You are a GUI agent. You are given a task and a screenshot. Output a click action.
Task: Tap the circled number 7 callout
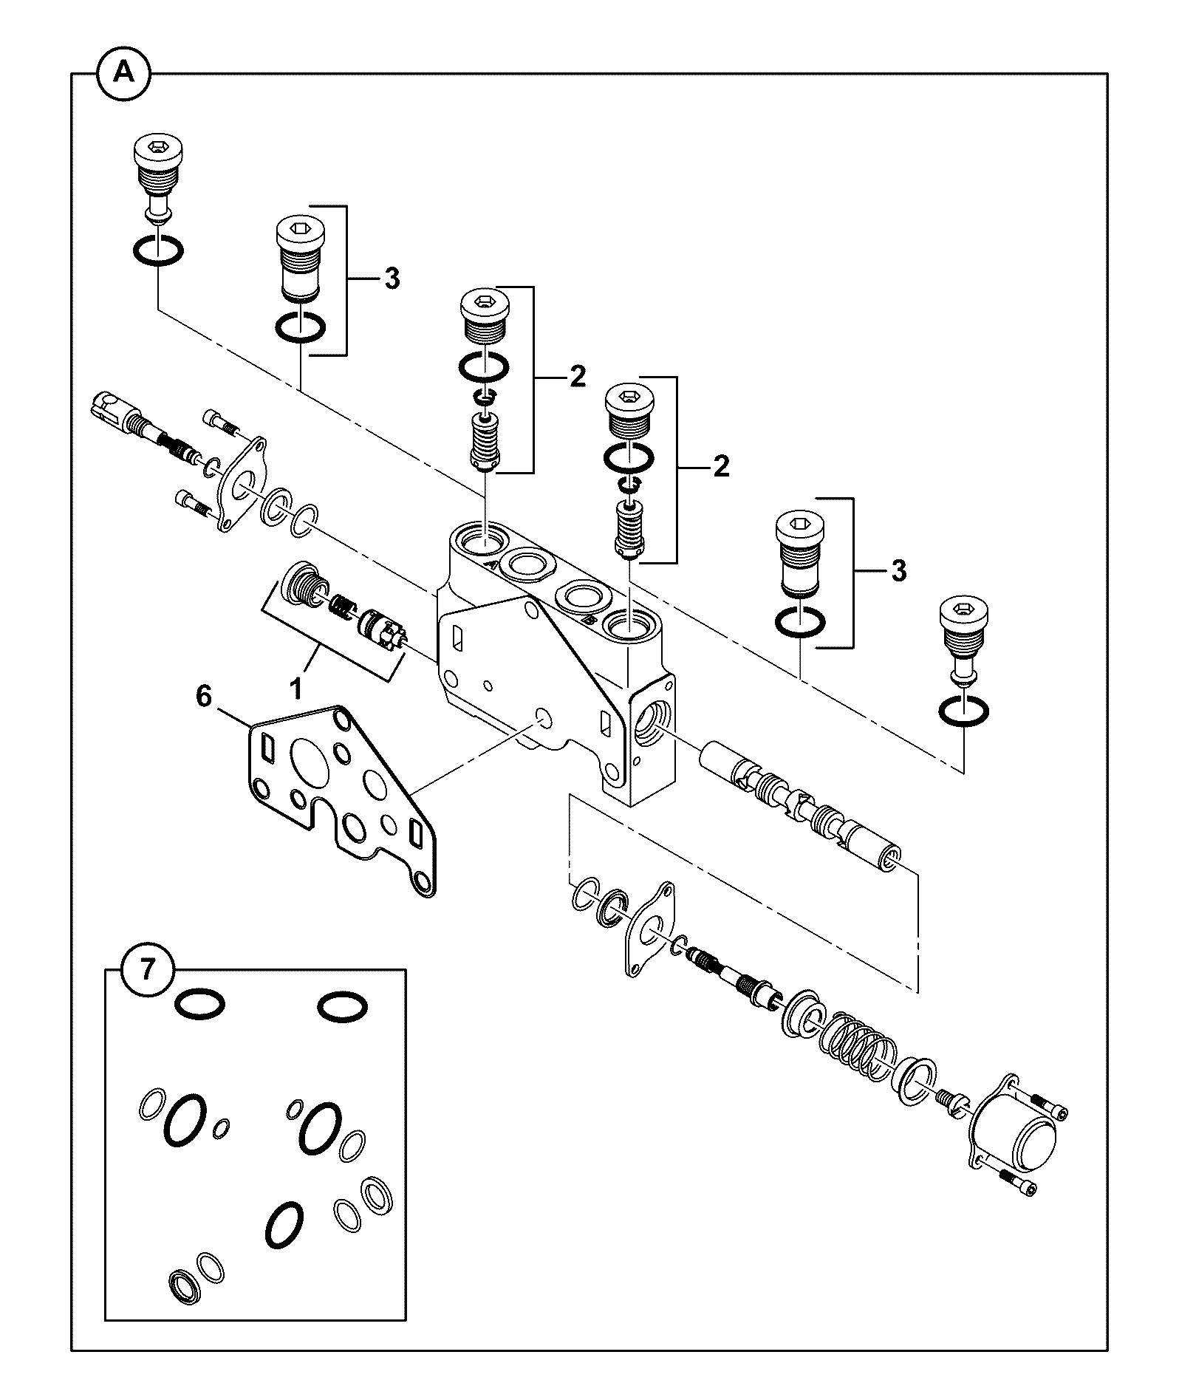[x=148, y=969]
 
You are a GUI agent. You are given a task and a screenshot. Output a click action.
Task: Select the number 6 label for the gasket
[x=204, y=696]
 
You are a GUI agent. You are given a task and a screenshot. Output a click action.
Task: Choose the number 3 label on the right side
[x=898, y=570]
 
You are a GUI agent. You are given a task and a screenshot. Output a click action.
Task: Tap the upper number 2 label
[x=577, y=377]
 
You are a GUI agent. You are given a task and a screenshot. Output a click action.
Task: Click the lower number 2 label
[x=721, y=466]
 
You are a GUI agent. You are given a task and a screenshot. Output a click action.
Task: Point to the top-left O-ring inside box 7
[x=199, y=1005]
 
